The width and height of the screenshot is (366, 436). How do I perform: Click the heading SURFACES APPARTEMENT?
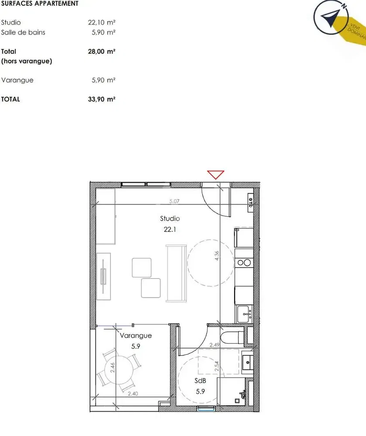point(40,3)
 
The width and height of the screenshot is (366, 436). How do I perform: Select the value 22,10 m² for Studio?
point(102,23)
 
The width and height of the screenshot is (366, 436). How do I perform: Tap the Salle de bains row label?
point(23,32)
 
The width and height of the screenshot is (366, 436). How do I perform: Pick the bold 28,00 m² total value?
point(102,51)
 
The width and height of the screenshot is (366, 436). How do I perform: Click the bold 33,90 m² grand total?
point(102,99)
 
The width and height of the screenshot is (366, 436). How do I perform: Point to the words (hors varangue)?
point(27,61)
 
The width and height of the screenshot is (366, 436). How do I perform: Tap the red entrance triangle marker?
point(215,175)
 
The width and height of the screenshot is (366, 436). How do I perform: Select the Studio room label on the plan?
point(170,218)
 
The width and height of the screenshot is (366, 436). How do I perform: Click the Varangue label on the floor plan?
point(136,336)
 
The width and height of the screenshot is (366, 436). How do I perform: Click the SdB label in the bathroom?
point(200,381)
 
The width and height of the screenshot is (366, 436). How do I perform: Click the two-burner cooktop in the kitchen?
point(244,262)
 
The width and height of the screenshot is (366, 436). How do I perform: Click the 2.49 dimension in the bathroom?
point(214,345)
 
